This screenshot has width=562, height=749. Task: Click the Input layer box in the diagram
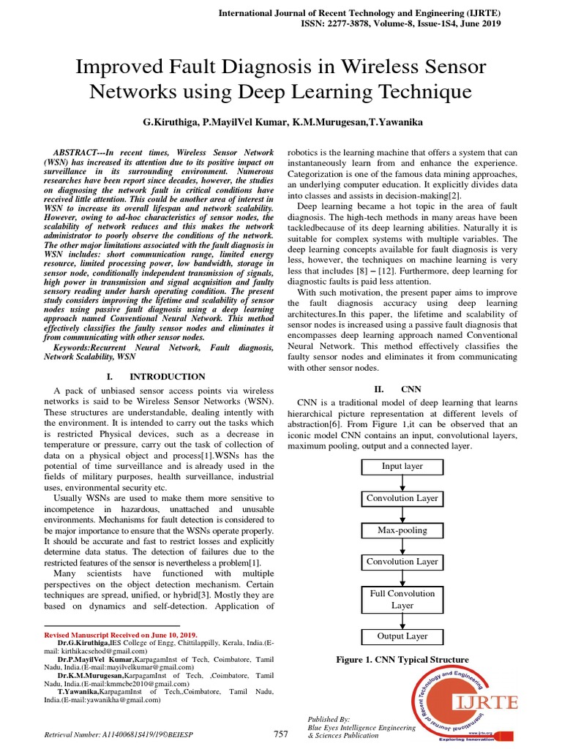(402, 467)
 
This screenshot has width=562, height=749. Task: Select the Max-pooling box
(402, 530)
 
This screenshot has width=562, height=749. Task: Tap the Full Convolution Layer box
(402, 600)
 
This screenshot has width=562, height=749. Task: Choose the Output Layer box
(402, 636)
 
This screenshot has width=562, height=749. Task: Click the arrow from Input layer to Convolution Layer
(402, 483)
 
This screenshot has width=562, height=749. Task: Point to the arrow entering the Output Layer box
(402, 621)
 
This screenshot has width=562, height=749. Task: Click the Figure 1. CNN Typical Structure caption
(402, 660)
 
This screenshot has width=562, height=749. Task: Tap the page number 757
(281, 734)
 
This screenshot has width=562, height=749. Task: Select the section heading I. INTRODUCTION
(156, 377)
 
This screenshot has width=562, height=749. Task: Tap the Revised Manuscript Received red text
(121, 635)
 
